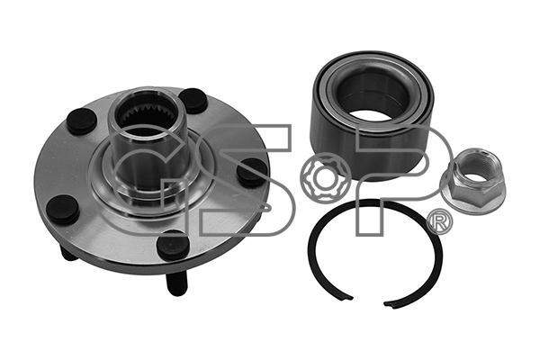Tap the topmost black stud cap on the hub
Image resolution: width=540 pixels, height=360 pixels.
click(193, 100)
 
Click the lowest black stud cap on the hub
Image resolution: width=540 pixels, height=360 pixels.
click(173, 245)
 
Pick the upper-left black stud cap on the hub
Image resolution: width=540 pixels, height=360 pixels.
click(82, 121)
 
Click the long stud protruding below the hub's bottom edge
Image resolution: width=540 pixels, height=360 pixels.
click(177, 280)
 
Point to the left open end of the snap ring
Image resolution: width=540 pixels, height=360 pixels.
click(347, 297)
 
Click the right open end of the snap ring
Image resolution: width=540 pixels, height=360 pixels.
click(391, 302)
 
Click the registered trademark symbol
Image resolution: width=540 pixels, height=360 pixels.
click(440, 222)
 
